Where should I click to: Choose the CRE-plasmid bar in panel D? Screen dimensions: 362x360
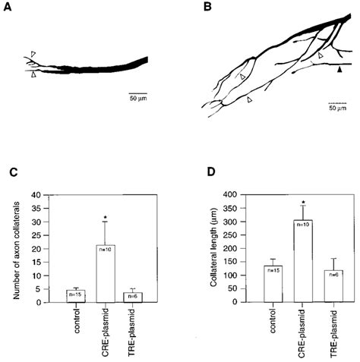pyautogui.click(x=301, y=261)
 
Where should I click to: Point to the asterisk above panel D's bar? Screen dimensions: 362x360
pyautogui.click(x=302, y=202)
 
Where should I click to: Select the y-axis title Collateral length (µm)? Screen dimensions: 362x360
pyautogui.click(x=208, y=248)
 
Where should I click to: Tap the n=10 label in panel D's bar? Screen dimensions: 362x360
pyautogui.click(x=302, y=225)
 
